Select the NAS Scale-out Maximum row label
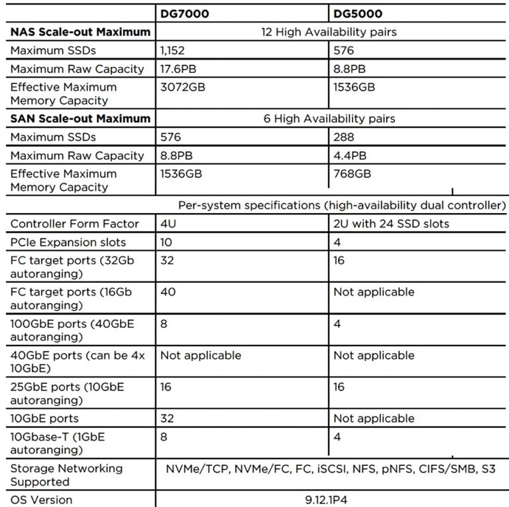[x=80, y=31]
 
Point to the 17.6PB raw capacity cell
[x=176, y=69]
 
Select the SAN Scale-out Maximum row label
[x=80, y=118]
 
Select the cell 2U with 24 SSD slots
[x=391, y=224]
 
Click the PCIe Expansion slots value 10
[x=166, y=242]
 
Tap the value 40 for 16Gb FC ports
[x=167, y=292]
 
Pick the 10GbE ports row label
[x=44, y=418]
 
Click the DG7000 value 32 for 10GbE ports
[x=166, y=418]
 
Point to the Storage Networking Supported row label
[x=66, y=475]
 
